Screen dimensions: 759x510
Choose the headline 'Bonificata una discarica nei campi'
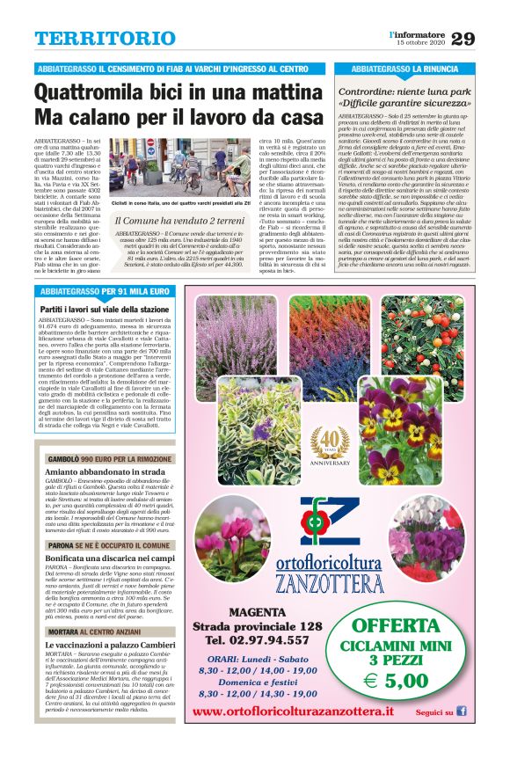tap(110, 558)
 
